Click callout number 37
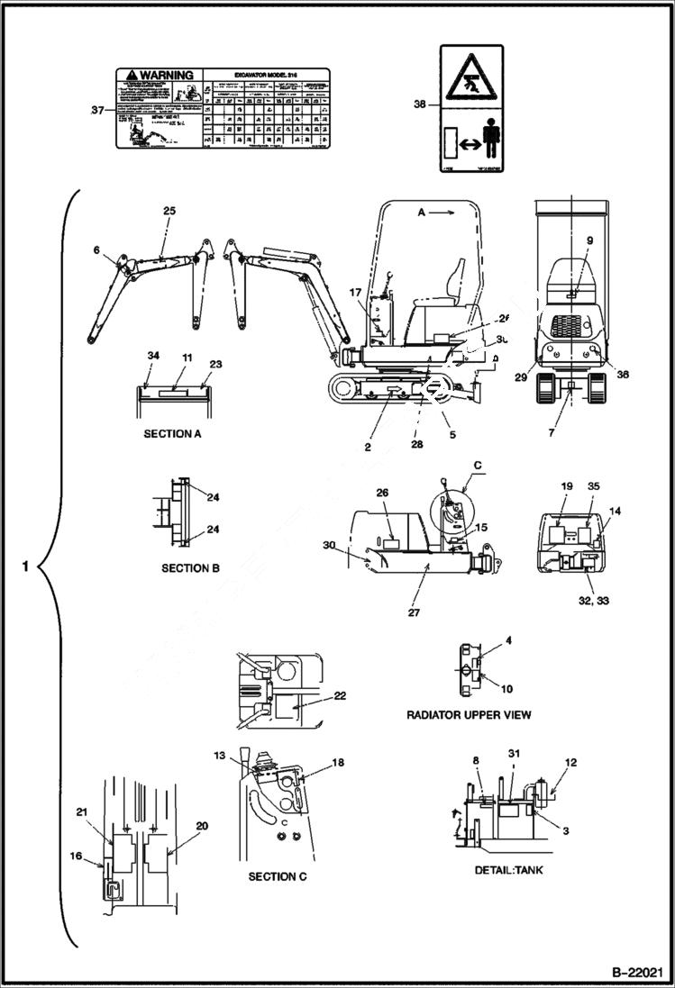point(97,110)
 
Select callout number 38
point(420,104)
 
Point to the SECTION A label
point(173,433)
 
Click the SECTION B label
point(191,568)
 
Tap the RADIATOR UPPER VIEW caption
point(469,714)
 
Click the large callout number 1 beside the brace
point(26,567)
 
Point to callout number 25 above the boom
point(169,210)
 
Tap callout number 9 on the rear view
point(588,240)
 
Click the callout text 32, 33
point(590,600)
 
